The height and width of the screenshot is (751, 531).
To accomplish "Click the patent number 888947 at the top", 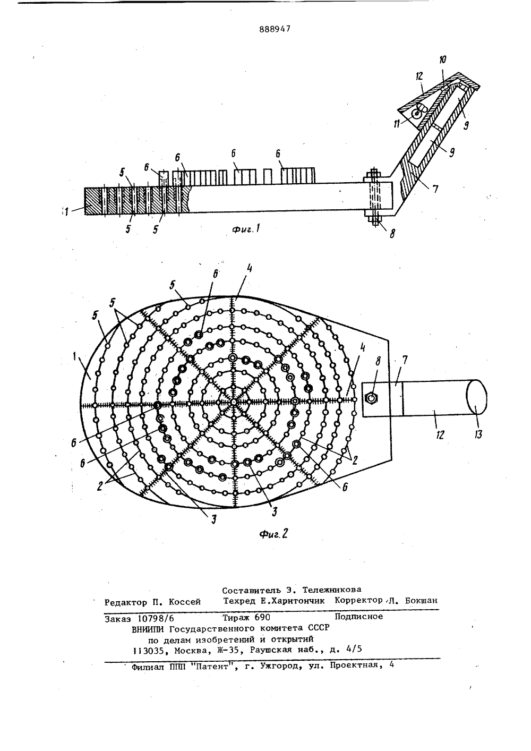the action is [275, 29].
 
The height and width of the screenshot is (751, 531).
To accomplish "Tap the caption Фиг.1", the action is [246, 229].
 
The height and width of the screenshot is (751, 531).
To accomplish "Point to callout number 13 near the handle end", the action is [478, 434].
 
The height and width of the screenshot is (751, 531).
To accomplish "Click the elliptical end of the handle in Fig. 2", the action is [477, 397].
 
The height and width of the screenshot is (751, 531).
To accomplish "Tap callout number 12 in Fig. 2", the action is [440, 435].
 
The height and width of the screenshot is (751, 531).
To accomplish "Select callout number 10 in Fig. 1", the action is [442, 59].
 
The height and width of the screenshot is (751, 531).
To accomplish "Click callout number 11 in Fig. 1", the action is [397, 124].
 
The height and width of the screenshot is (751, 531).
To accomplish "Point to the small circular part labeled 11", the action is [417, 113].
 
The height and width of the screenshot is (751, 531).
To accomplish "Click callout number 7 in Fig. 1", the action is [435, 190].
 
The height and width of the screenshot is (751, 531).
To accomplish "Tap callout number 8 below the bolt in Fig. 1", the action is [392, 233].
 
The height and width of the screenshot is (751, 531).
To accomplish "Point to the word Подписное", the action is [359, 616].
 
